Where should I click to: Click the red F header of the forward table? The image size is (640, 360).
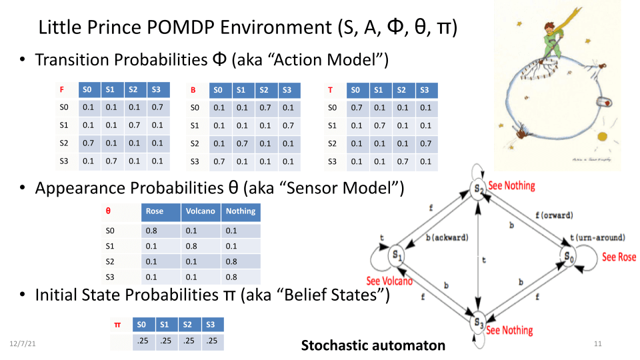62,89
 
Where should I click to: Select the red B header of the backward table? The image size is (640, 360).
193,89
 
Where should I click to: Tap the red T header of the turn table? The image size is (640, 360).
330,89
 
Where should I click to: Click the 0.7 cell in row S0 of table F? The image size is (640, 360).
157,107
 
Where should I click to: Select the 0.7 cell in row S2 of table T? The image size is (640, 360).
425,143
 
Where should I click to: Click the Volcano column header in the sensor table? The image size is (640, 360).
200,211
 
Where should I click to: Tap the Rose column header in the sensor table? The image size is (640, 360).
154,211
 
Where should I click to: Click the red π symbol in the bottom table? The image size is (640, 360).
117,325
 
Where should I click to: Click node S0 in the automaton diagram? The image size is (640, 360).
567,256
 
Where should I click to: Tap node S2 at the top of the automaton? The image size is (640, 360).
478,189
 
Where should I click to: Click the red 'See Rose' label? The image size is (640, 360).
619,257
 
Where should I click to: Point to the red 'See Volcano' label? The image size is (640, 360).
389,281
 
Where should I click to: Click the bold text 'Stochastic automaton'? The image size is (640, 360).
373,345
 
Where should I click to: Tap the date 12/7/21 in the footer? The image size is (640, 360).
23,343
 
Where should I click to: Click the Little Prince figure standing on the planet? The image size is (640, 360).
555,40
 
